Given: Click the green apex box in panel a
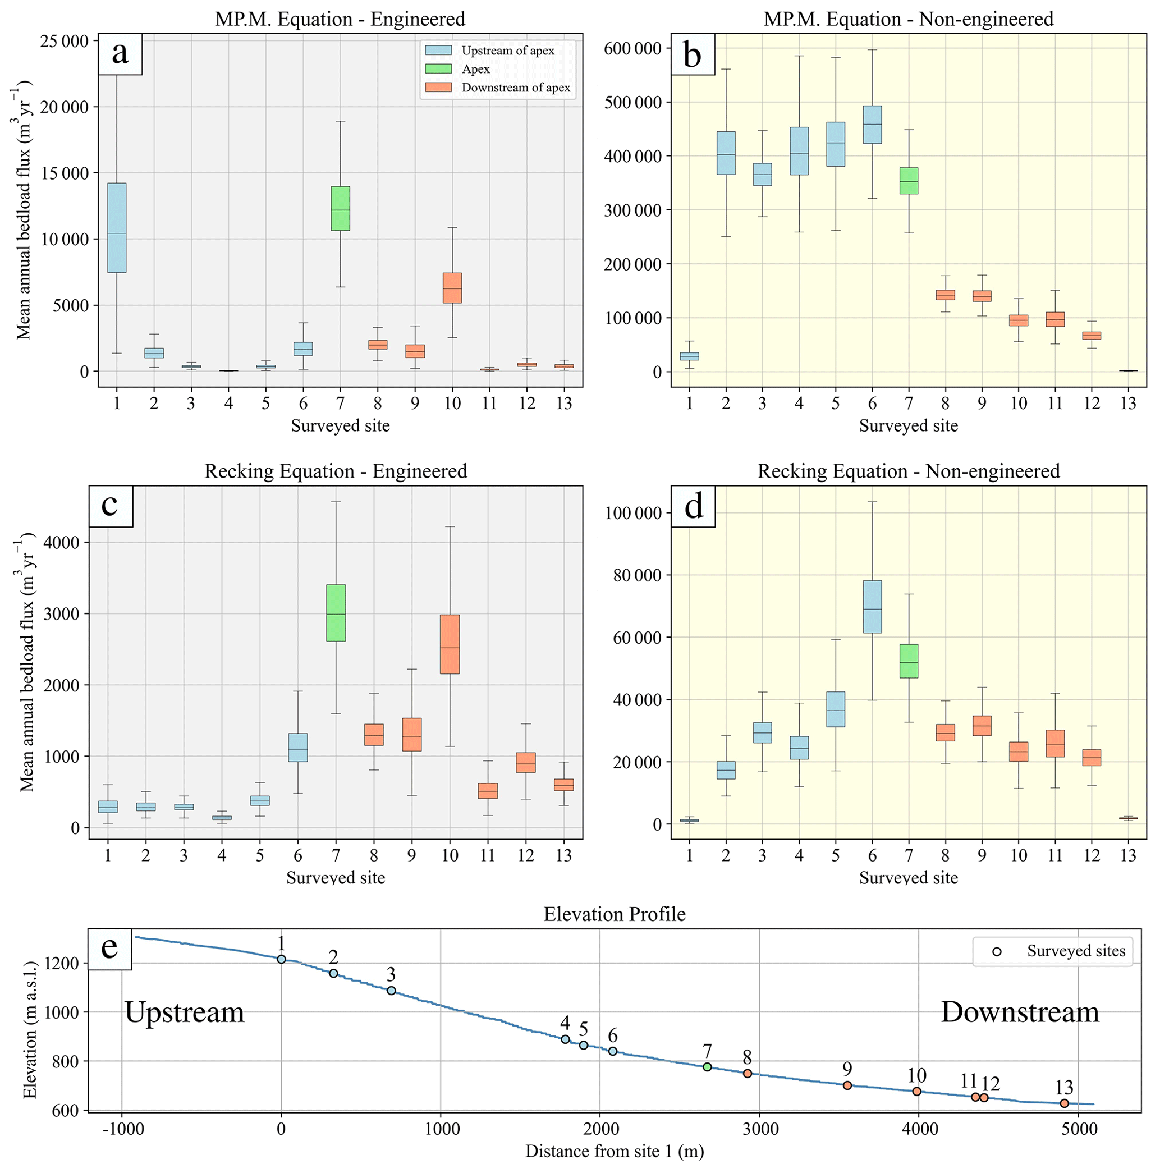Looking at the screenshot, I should coord(340,208).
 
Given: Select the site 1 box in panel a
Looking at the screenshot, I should coord(117,228).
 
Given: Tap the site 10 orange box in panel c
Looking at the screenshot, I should coord(450,644).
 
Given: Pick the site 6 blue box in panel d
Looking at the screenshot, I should coord(872,607).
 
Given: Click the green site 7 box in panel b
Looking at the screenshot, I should coord(909,181).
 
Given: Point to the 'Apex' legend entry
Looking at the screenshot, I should coord(475,69).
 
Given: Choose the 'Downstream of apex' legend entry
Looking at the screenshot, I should coord(515,88).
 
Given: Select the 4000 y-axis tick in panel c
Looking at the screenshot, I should coord(63,542).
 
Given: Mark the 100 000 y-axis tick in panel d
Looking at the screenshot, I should coord(632,513).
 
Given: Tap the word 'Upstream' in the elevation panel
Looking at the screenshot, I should coord(184,1012).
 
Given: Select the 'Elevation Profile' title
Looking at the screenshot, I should coord(615,914).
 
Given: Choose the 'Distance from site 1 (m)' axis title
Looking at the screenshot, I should coord(615,1152).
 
